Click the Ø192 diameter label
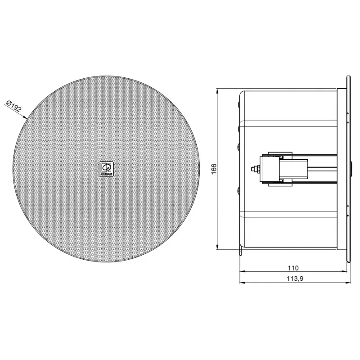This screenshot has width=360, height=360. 14,106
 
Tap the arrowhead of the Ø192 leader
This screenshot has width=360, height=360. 25,117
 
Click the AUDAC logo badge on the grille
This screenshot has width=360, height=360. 106,169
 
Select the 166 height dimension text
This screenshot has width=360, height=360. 214,169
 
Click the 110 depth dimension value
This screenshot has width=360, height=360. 293,268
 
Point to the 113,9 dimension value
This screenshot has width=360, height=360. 295,279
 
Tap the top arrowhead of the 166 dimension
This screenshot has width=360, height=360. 217,91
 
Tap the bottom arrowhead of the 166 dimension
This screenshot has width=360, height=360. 217,247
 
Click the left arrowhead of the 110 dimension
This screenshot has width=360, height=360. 242,271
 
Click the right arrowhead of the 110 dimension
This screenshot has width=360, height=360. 344,271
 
